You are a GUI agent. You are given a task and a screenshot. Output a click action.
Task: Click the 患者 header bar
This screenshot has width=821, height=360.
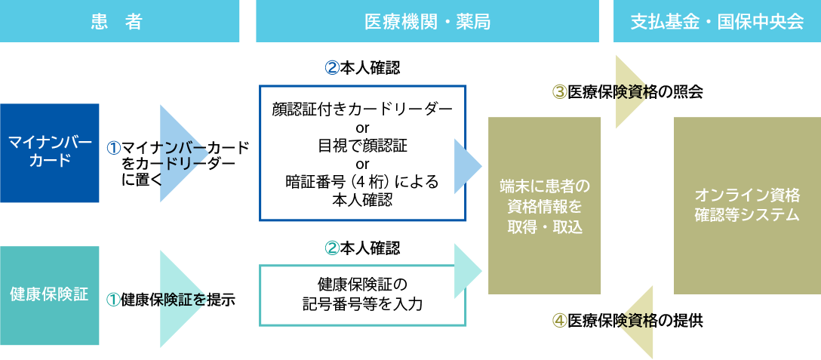(119, 21)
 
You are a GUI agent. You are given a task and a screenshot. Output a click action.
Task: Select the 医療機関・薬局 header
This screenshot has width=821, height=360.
(427, 21)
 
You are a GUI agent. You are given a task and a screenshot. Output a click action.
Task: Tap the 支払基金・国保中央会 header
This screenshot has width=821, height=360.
(717, 21)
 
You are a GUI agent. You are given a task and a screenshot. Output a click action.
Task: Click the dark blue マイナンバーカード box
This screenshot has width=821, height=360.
(49, 152)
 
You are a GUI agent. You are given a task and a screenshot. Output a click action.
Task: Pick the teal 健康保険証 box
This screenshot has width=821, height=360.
(49, 295)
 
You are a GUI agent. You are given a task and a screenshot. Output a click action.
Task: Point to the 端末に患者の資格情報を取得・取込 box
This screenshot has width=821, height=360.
(544, 205)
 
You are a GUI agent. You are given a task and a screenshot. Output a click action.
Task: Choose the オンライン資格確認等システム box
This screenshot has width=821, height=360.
(746, 205)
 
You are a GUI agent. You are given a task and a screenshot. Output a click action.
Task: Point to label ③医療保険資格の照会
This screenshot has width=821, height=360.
(628, 92)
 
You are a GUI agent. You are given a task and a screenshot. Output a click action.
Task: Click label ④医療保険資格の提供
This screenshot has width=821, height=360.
(628, 320)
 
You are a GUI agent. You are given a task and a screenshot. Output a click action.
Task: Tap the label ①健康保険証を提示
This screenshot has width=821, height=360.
(171, 300)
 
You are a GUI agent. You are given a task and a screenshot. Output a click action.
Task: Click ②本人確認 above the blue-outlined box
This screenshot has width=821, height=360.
(362, 68)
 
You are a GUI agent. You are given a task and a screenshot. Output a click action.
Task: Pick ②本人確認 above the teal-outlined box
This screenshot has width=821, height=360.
(362, 248)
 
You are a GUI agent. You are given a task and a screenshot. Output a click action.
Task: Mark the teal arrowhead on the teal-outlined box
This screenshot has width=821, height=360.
(467, 270)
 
